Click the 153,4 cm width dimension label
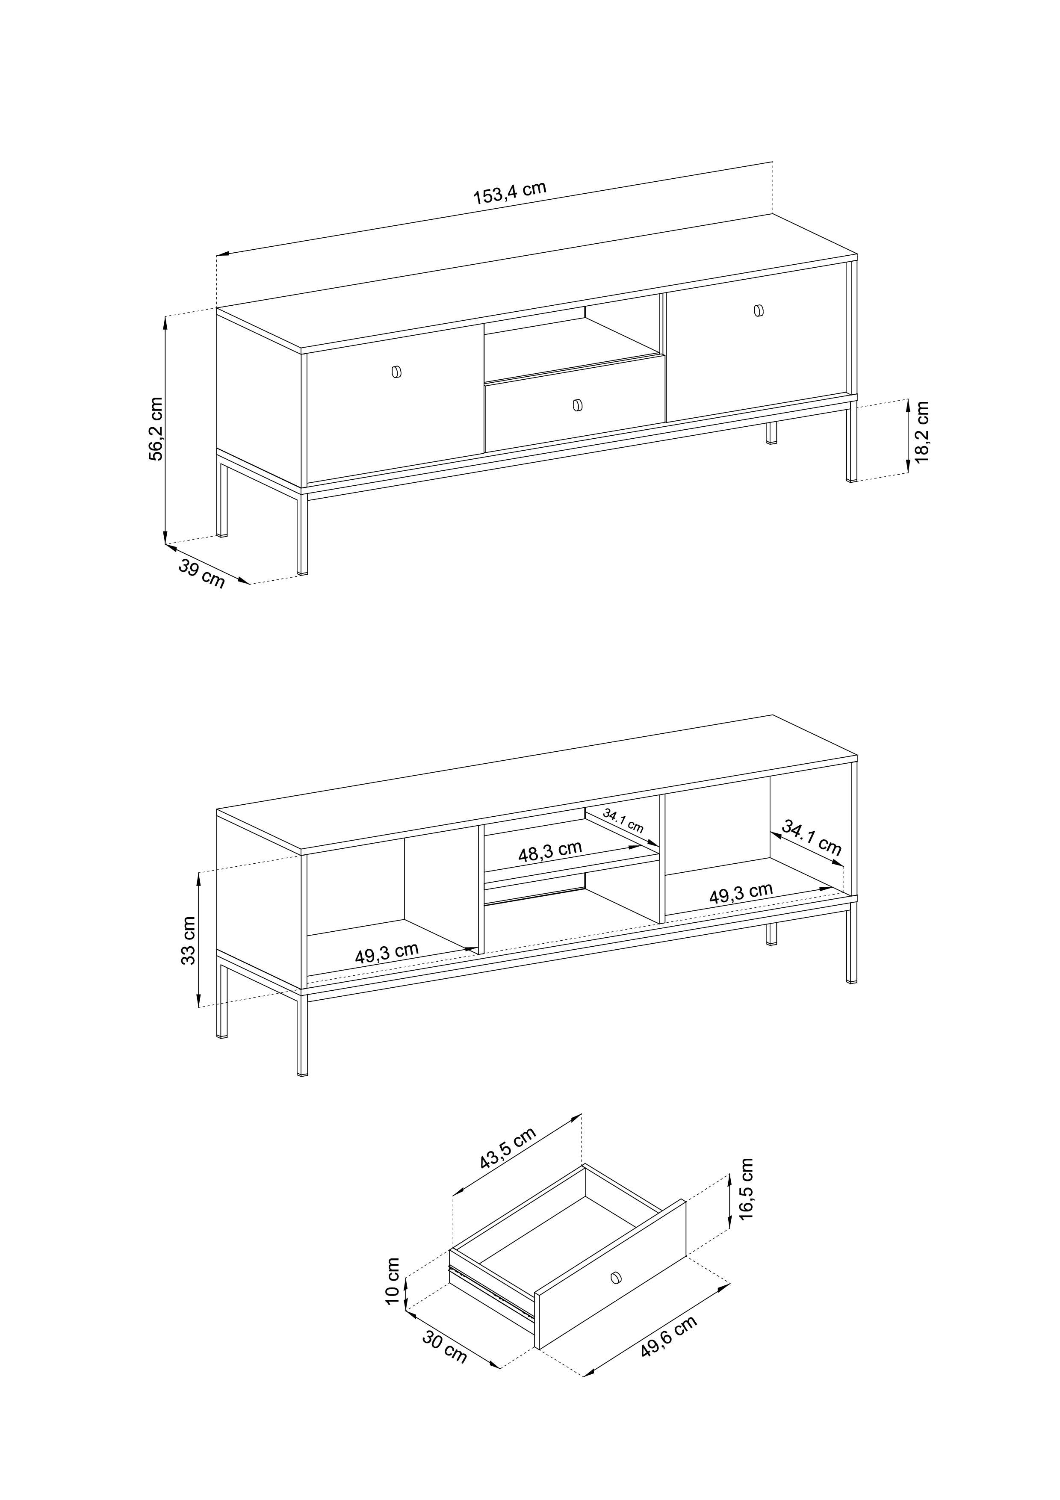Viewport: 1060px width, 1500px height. click(x=509, y=193)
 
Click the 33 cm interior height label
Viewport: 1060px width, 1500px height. click(x=189, y=940)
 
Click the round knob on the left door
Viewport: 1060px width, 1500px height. click(x=396, y=372)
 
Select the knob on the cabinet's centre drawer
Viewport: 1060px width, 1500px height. click(x=577, y=406)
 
